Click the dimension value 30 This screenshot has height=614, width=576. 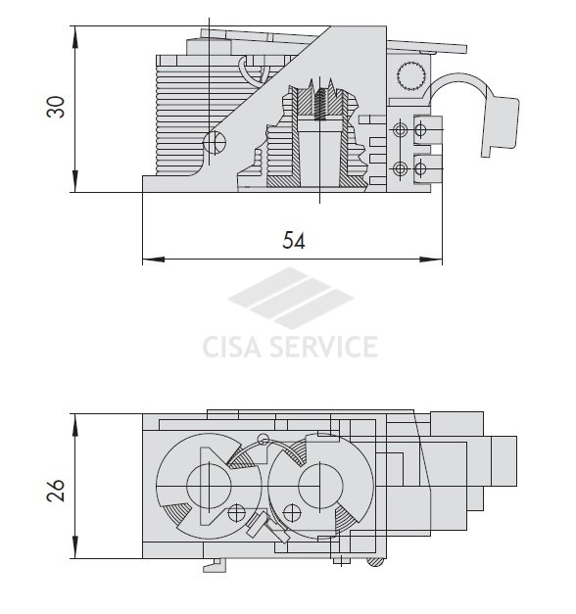tap(55, 107)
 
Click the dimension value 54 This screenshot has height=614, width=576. tap(294, 241)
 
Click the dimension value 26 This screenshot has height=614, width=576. tap(55, 490)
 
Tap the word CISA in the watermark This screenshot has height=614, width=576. tap(232, 347)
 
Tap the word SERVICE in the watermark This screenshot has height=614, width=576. tap(324, 347)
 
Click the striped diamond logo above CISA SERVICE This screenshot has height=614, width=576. tap(290, 298)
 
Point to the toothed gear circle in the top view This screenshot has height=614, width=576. tap(411, 75)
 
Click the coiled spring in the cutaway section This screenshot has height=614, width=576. tap(320, 104)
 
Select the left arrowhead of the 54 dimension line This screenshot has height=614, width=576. tap(153, 260)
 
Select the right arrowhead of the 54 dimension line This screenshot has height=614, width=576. tap(431, 260)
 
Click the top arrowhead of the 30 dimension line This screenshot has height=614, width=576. tap(74, 37)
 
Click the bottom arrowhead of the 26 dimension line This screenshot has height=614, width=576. tap(74, 547)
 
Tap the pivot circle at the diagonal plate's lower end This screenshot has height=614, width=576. tap(215, 142)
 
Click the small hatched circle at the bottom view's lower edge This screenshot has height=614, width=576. tap(375, 561)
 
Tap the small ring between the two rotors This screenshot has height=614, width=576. tap(264, 440)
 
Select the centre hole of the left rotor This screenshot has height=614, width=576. tap(209, 486)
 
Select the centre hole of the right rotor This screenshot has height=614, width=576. tap(320, 485)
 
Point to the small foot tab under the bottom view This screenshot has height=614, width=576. tap(215, 565)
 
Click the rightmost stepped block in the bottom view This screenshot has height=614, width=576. tap(504, 461)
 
